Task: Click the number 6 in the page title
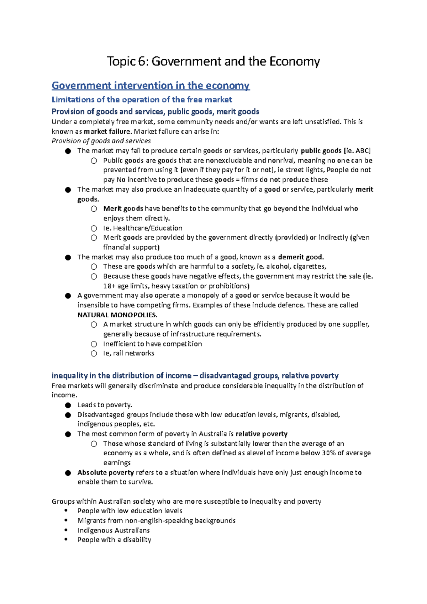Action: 142,62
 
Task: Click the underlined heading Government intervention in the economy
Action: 151,85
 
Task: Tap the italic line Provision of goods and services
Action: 101,141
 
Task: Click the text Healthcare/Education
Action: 148,228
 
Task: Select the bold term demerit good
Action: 301,257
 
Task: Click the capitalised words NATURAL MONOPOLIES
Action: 117,315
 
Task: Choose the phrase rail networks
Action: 134,353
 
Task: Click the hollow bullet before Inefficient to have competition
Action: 94,344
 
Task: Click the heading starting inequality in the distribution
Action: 195,376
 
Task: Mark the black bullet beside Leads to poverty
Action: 68,405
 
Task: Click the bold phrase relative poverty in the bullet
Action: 262,434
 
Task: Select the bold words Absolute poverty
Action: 106,472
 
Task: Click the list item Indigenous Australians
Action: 114,530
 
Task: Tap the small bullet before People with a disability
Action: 66,540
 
